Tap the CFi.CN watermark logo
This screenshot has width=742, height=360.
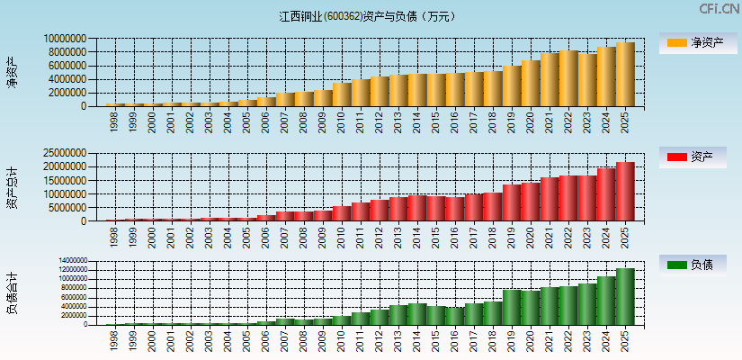719,9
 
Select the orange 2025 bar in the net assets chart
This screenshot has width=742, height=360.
625,75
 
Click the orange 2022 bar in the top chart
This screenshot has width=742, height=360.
568,78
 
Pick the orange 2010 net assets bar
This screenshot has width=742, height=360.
342,94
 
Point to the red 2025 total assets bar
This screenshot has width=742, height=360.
625,192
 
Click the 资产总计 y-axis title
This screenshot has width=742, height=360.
12,187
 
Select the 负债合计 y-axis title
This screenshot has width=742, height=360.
12,292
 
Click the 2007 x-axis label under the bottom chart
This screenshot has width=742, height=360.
285,341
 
